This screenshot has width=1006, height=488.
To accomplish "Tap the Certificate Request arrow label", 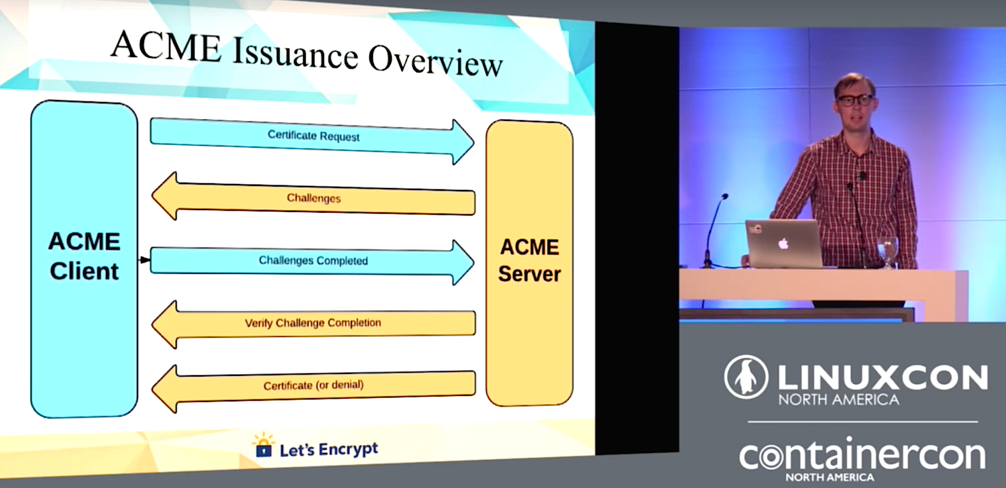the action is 313,135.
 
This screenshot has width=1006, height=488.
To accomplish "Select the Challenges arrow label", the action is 313,198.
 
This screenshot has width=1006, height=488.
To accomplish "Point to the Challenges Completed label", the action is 313,260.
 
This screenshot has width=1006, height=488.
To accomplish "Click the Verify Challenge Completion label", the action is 313,323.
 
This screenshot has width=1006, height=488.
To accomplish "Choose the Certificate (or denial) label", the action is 313,385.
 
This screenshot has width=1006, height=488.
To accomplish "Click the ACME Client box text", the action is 84,256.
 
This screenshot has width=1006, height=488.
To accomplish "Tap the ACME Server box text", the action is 530,260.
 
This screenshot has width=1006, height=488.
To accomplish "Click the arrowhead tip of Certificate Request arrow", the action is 473,142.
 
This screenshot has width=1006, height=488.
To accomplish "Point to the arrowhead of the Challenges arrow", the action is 164,196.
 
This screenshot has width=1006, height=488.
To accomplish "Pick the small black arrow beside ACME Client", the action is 144,260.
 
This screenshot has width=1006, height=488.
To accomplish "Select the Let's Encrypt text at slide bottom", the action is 329,449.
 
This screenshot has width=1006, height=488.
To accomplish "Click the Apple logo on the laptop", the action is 783,244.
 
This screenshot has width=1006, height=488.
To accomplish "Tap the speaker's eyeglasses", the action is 854,100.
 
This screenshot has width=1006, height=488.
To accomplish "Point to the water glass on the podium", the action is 887,251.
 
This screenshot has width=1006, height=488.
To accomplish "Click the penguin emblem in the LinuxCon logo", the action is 746,377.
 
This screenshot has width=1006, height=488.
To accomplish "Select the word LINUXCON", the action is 883,377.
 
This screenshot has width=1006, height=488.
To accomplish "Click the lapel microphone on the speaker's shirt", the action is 861,175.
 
